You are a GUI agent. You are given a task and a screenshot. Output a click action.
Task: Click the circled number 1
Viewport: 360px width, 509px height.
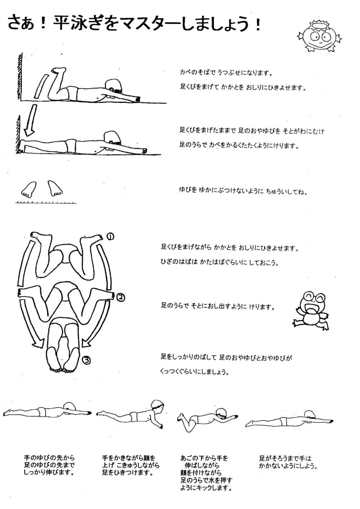111,237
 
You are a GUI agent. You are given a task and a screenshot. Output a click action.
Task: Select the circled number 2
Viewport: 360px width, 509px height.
121,297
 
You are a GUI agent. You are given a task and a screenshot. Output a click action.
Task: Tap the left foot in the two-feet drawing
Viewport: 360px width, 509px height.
29,189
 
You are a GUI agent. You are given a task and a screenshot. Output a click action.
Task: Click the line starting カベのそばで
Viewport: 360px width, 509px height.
226,73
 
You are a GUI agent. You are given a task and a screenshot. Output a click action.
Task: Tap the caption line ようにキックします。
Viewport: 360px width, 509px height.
206,488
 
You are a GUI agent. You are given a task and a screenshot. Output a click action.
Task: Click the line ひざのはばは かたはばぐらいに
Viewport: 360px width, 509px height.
220,262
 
